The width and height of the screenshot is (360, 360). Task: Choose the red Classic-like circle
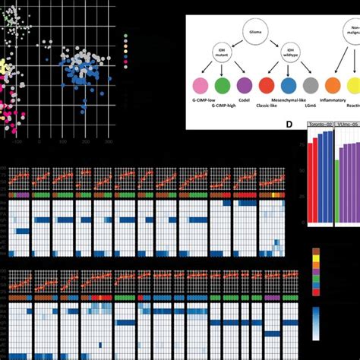267,86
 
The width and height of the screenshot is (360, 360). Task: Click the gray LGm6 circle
310,86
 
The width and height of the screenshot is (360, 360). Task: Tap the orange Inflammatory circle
332,86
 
